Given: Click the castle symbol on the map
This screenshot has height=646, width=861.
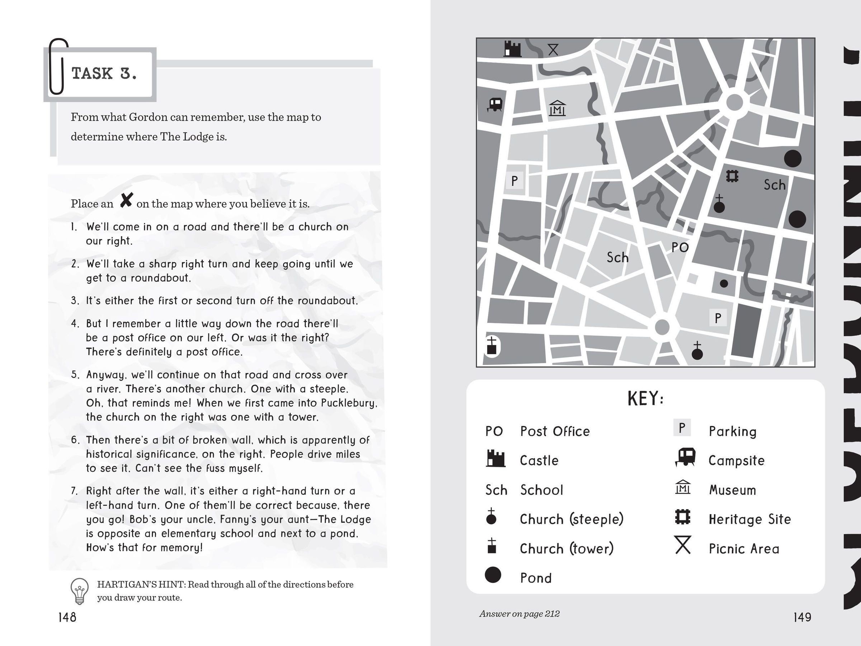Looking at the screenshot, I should tap(512, 49).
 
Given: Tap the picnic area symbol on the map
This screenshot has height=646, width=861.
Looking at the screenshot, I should tap(553, 50).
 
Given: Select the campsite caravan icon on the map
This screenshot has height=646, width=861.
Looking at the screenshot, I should tap(495, 104).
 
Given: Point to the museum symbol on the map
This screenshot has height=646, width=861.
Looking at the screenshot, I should tap(557, 108).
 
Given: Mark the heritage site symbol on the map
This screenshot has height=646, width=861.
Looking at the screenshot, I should tap(733, 177).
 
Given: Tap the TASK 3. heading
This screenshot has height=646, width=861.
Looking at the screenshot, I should tap(104, 74).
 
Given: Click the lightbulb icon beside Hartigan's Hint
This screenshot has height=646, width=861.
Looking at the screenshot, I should tap(79, 591).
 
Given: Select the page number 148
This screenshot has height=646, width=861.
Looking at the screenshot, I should tap(67, 617).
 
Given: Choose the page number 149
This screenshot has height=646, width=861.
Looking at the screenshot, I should tap(802, 617).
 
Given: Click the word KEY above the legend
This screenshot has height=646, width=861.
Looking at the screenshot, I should tap(645, 399).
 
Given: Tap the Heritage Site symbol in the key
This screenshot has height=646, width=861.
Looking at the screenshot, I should tap(683, 517).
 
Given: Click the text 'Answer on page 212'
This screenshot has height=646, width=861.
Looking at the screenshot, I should tap(519, 614).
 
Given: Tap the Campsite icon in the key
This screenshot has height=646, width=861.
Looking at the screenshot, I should tap(684, 457).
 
